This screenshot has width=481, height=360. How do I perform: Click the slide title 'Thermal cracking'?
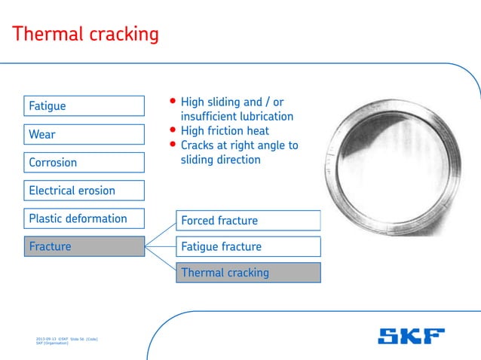[86, 34]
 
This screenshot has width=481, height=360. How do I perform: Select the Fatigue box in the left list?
[84, 106]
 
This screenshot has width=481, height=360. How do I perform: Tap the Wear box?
[84, 135]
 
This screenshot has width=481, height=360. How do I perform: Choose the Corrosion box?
[84, 163]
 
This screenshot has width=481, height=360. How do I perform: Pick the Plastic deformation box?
[84, 218]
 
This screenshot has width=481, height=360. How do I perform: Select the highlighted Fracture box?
[84, 246]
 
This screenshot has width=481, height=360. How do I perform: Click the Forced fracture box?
[248, 221]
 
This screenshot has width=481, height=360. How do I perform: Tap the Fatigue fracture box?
[248, 246]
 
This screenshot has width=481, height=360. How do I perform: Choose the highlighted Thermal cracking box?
[248, 273]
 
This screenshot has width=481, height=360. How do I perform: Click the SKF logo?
[411, 336]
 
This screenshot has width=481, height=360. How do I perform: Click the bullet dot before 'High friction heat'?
[173, 130]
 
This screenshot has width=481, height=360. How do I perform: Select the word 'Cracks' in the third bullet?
[198, 145]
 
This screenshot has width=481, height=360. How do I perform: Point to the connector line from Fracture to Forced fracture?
[160, 233]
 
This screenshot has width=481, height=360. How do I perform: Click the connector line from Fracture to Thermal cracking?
[160, 260]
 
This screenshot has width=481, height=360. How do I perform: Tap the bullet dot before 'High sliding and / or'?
[173, 102]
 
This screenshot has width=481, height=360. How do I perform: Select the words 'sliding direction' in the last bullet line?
[220, 160]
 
